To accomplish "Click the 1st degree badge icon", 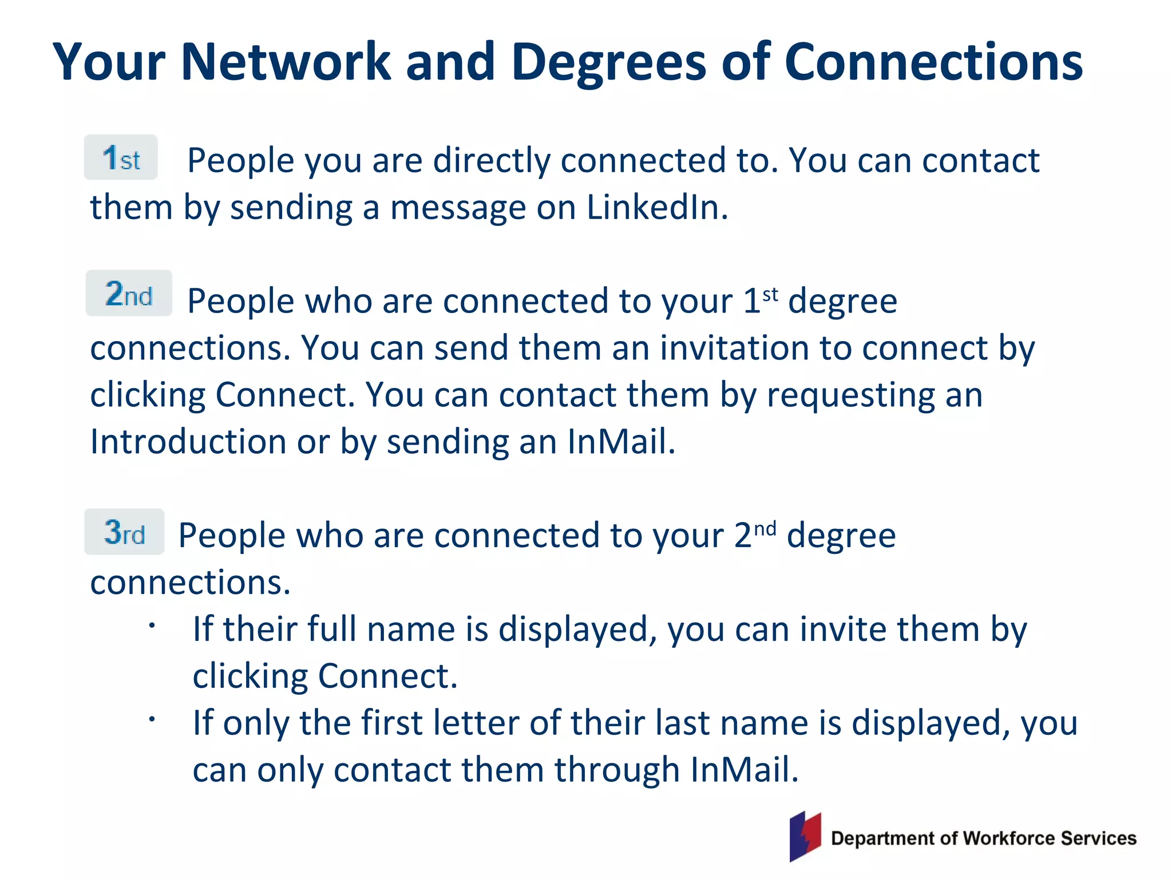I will (x=121, y=157).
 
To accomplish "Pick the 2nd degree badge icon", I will (x=129, y=294).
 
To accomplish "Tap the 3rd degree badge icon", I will (x=124, y=532).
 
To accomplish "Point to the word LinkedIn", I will (x=657, y=207).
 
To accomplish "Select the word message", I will (x=458, y=207).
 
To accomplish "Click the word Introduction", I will (x=188, y=442).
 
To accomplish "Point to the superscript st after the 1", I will (x=770, y=295).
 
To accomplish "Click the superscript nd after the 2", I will (x=765, y=529).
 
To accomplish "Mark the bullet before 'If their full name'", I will (x=152, y=625).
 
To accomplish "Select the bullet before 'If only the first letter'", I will (x=152, y=719).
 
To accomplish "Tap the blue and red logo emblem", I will (x=805, y=836).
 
